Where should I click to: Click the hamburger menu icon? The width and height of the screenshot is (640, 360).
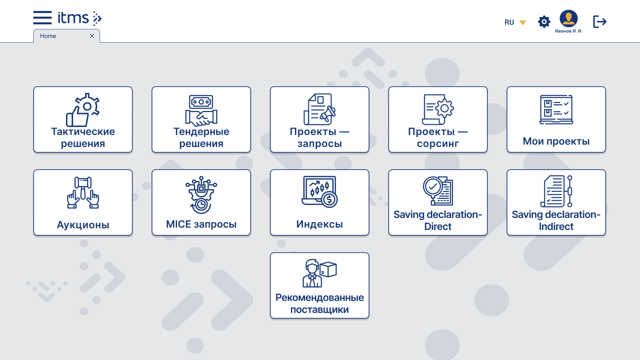coord(42,18)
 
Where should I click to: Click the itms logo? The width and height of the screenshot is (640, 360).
coord(79,18)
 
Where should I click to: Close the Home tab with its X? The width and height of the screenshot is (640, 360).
coord(92,36)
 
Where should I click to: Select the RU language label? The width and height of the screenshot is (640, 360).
coord(509,22)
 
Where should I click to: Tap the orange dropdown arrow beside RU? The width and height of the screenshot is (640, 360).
coord(523,23)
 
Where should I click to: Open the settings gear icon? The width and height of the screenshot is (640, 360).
coord(544,22)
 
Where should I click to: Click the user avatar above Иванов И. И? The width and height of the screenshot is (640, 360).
coord(568,18)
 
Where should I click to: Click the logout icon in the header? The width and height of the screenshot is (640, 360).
coord(600,22)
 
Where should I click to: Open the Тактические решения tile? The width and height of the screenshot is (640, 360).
coord(83,119)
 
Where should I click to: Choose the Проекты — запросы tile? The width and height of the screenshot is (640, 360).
coord(319,119)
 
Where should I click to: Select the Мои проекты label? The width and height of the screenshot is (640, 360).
coord(556,141)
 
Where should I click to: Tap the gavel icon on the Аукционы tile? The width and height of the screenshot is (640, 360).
coord(83,182)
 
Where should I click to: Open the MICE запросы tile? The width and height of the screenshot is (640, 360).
coord(201,202)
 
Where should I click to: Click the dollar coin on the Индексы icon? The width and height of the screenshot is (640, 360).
coord(329,200)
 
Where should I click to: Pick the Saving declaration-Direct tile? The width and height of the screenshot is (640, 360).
coord(438,202)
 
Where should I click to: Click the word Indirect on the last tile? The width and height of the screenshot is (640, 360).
coord(556,227)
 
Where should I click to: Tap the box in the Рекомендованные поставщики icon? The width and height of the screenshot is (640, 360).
coord(328,269)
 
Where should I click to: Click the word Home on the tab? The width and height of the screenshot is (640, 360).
coord(48,36)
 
